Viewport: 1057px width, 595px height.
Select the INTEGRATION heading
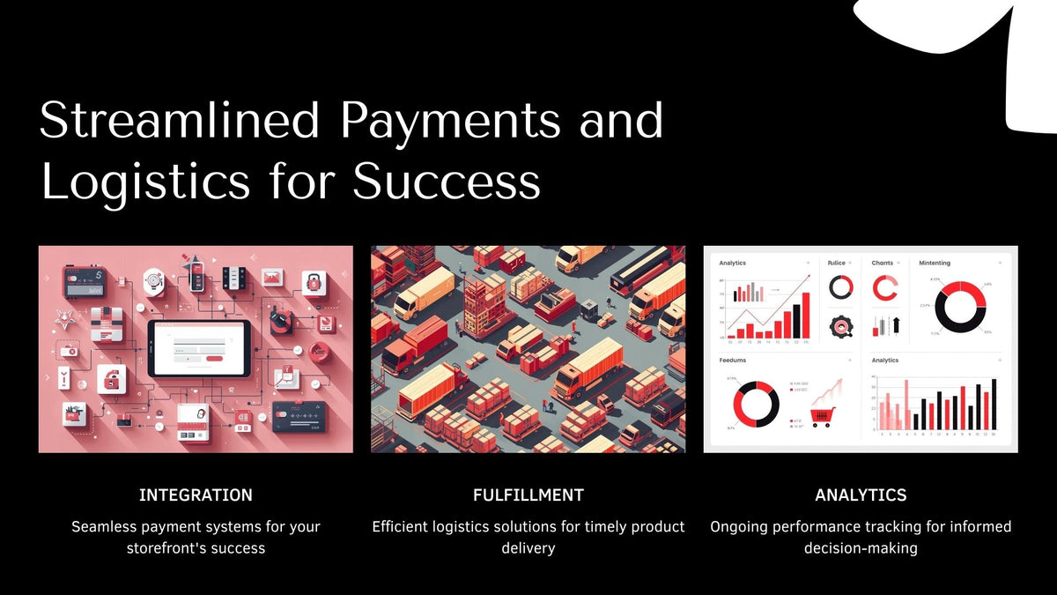point(196,495)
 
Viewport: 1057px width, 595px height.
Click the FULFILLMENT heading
point(528,495)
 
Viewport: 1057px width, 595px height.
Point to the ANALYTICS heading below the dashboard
point(861,495)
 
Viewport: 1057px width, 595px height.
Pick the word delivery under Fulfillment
point(528,548)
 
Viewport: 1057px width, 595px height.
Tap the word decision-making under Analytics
point(861,548)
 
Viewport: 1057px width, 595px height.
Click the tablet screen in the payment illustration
point(199,347)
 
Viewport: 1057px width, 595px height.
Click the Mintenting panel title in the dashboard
point(935,263)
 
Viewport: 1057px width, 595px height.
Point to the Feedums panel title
point(733,361)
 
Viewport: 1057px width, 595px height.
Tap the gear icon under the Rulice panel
point(841,326)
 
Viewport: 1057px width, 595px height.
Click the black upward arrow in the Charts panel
point(896,325)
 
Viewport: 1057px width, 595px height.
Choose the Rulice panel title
point(836,263)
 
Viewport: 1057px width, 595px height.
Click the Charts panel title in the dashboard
point(882,263)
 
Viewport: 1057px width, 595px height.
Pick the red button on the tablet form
point(214,359)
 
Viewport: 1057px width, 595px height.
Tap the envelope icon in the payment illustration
point(272,279)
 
